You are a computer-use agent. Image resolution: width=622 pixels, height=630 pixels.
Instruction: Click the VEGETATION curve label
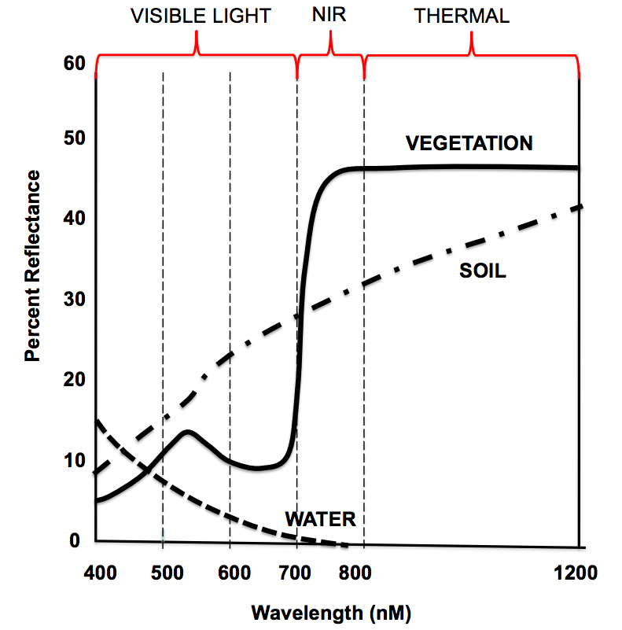469,143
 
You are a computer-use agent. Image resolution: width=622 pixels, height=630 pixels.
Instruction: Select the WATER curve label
320,519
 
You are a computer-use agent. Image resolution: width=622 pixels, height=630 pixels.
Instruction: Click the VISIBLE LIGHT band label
201,16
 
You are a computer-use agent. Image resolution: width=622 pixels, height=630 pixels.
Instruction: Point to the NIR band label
331,16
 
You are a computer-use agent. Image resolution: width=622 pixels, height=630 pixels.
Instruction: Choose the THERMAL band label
462,16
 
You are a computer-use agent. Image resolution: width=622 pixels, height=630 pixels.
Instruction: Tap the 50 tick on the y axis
73,139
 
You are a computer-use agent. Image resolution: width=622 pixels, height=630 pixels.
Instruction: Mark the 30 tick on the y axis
73,300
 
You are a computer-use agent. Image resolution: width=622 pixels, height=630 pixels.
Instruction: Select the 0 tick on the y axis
76,540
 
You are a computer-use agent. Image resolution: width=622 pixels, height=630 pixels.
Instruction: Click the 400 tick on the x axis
101,572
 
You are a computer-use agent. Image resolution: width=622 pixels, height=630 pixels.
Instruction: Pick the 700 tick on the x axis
297,572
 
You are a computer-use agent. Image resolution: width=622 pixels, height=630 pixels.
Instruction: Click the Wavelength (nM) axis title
331,611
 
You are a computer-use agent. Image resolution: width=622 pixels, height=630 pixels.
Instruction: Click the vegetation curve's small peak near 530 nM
187,431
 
